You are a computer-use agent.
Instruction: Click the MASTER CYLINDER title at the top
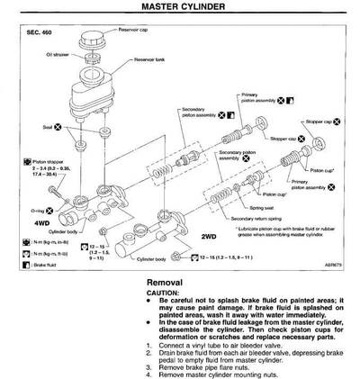tap(179, 6)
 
